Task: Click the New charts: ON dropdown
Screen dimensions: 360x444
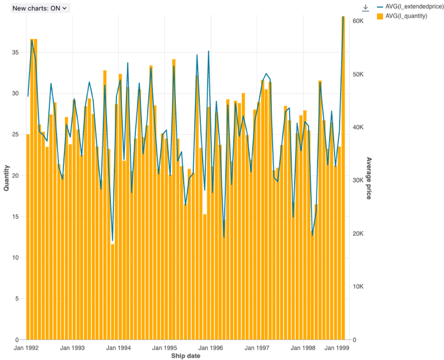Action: click(x=41, y=8)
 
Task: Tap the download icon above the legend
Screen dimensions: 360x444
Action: click(x=365, y=8)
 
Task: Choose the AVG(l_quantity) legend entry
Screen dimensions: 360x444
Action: click(x=406, y=16)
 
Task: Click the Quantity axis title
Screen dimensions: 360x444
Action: click(x=7, y=178)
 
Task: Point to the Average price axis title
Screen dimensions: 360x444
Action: click(x=369, y=178)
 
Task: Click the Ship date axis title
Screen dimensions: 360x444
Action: click(x=186, y=356)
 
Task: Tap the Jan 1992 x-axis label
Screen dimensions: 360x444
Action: click(x=26, y=348)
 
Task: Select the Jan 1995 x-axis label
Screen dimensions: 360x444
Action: click(x=164, y=348)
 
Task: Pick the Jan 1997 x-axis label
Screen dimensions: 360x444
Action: click(x=257, y=348)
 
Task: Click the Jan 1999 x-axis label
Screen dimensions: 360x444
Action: click(x=337, y=348)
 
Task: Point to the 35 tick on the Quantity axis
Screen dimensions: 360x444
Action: click(x=16, y=53)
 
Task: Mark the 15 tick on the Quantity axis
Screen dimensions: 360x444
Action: click(x=16, y=217)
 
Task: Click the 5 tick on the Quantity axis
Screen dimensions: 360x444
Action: click(x=18, y=299)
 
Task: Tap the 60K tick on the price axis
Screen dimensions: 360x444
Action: click(x=357, y=21)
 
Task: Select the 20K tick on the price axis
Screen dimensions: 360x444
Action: click(x=357, y=234)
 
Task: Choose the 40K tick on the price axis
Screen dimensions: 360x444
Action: click(x=357, y=127)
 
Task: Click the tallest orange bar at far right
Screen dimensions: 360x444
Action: click(x=343, y=178)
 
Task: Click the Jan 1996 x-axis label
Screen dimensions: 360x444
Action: click(x=211, y=348)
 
